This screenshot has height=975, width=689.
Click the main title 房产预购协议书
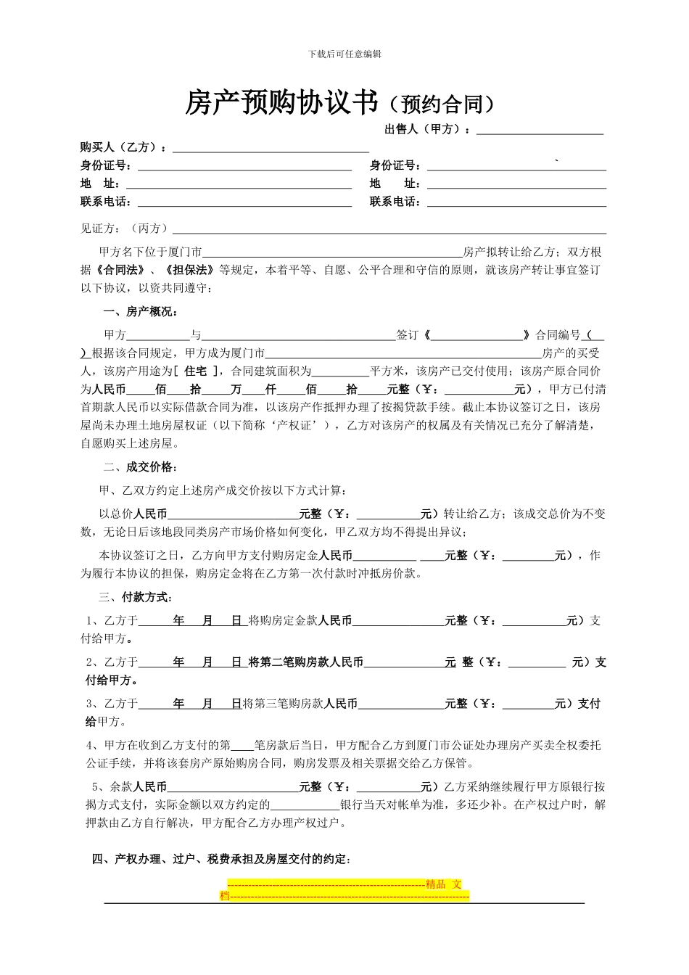pos(282,104)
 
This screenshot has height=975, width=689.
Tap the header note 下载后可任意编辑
pos(344,54)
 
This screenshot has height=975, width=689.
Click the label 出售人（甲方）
pos(427,130)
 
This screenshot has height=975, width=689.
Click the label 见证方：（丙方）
pos(124,229)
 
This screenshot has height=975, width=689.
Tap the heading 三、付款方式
pos(134,598)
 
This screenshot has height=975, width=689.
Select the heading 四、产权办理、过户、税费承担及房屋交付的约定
pos(222,860)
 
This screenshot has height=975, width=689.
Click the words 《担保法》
pos(190,270)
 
